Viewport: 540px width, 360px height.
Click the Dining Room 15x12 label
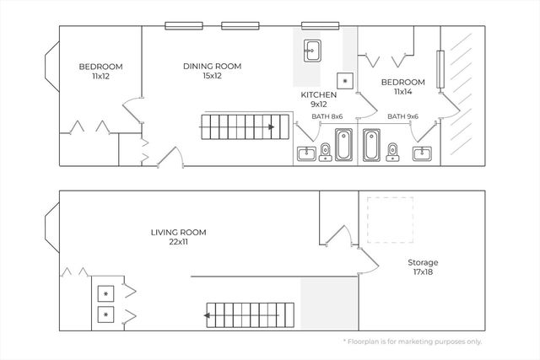point(212,71)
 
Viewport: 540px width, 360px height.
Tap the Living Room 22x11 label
point(178,237)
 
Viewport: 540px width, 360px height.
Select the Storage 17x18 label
point(423,267)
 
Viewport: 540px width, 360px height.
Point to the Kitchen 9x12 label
point(319,99)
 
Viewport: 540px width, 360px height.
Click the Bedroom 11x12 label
point(100,72)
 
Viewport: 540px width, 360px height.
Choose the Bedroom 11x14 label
point(403,87)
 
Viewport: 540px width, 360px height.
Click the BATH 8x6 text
point(327,116)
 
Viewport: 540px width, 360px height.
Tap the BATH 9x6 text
point(403,116)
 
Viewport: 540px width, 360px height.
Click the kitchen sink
point(312,51)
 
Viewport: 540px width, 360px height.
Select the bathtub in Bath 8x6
point(343,145)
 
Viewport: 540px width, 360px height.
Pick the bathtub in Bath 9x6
point(371,145)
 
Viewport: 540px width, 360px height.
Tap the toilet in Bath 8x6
point(325,152)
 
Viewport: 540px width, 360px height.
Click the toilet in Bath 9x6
point(392,152)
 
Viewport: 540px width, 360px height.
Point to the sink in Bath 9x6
point(422,153)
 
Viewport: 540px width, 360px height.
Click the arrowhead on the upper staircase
point(272,127)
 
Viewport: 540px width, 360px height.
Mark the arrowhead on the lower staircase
point(207,315)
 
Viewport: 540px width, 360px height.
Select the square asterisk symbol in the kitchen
point(345,81)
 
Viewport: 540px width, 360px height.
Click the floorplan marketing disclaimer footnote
point(413,341)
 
